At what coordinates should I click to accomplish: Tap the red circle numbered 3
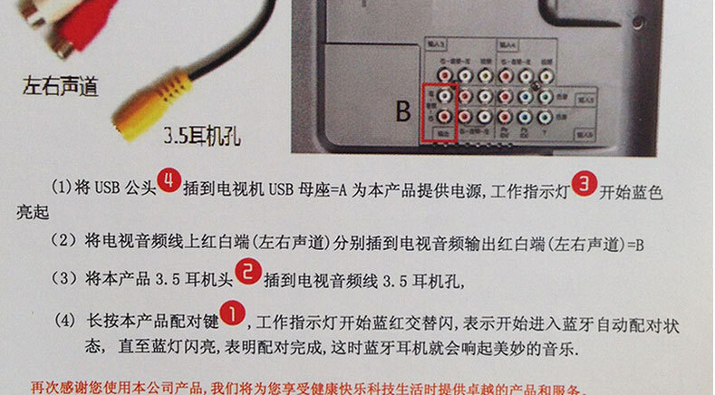(585, 185)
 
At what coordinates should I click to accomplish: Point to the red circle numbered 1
(232, 314)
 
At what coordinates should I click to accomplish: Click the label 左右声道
(61, 89)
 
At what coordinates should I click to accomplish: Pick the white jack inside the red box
(445, 94)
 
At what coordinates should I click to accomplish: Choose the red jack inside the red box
(445, 117)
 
